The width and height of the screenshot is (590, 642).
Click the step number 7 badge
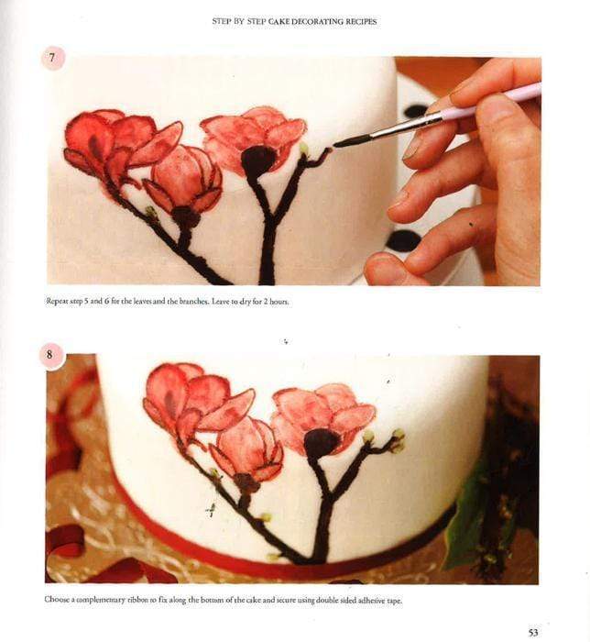[53, 59]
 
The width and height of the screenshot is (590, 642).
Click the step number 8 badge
[51, 356]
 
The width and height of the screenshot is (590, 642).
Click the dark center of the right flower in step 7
[258, 161]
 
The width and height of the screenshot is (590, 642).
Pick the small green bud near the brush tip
[303, 148]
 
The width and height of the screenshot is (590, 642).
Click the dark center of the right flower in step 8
[322, 443]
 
